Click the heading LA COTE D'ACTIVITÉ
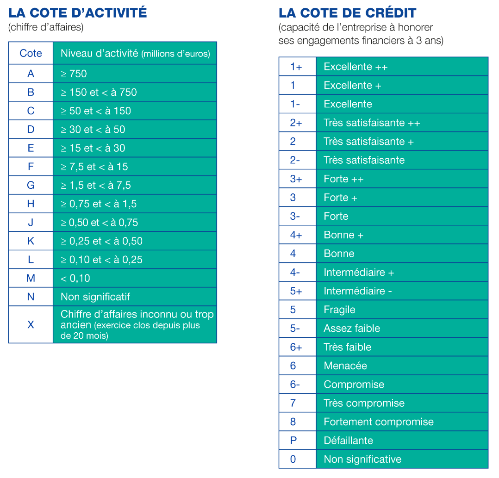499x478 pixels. (x=77, y=12)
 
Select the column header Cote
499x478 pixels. (x=31, y=53)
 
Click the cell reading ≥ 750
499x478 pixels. (x=74, y=74)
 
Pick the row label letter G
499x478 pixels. (x=31, y=185)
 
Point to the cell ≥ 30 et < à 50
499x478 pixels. (x=93, y=130)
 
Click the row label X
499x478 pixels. (x=31, y=324)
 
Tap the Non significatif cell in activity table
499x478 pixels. (x=95, y=297)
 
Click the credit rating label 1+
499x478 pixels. (x=296, y=67)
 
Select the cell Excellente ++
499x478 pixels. (x=356, y=67)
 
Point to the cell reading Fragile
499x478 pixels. (x=339, y=310)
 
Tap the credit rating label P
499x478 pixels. (x=293, y=441)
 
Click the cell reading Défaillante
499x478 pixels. (x=348, y=441)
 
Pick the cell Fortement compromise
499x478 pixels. (x=379, y=422)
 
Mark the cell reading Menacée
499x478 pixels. (x=345, y=366)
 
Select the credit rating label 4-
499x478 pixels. (x=295, y=272)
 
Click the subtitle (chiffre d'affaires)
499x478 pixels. (x=46, y=27)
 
